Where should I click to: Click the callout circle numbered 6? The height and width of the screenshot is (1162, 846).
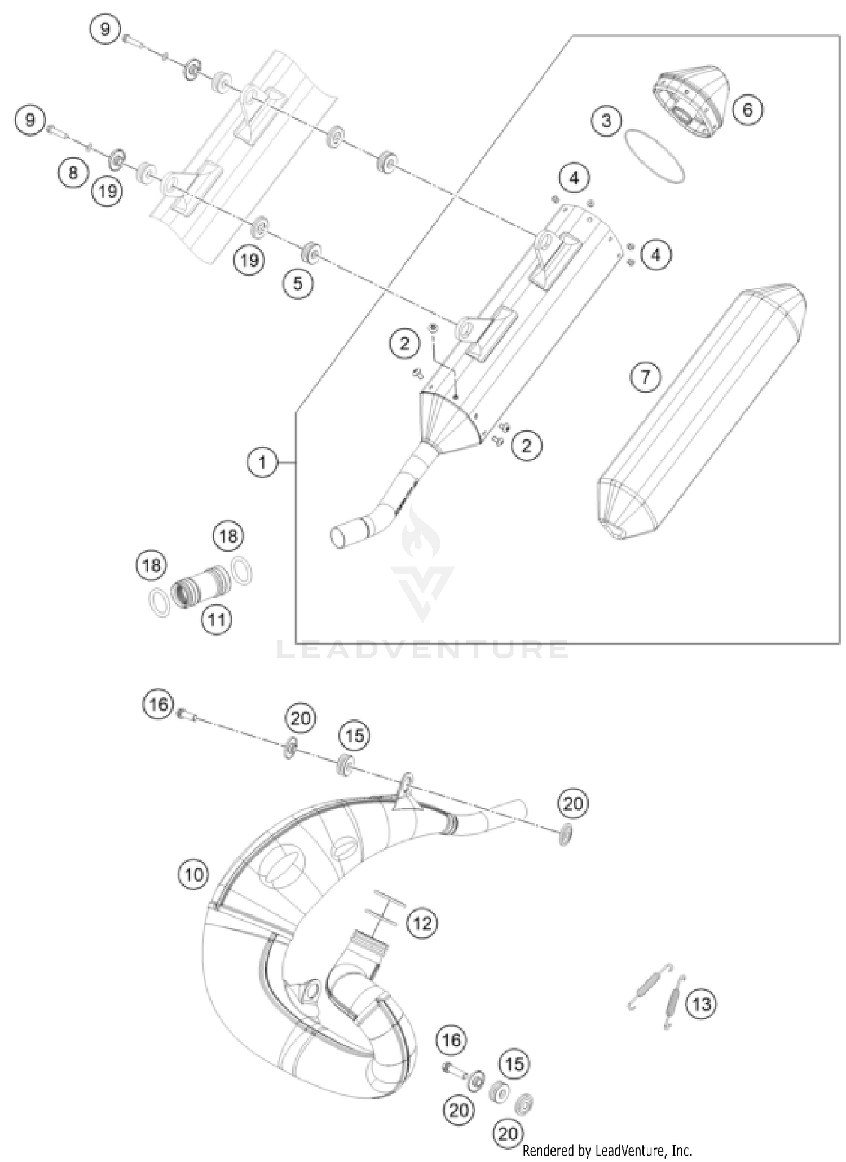pos(747,109)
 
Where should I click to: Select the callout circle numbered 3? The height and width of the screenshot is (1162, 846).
pos(606,120)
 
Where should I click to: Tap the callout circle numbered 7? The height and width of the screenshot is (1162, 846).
pos(646,376)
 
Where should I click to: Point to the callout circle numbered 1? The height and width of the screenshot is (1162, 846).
pos(262,463)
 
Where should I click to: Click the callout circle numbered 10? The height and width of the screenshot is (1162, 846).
pos(193,875)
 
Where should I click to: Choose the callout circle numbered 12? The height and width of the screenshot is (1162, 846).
pos(422,923)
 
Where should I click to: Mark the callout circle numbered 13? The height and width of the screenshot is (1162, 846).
pos(701,1004)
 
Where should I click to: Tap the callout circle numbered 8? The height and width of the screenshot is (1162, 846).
pos(73,171)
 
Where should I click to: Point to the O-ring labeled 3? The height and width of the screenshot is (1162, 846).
pos(654,156)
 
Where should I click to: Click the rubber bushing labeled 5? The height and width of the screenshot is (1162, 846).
pos(311,252)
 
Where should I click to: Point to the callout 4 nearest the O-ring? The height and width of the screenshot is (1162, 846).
pos(574,178)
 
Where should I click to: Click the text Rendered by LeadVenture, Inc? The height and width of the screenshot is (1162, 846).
pos(607,1151)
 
